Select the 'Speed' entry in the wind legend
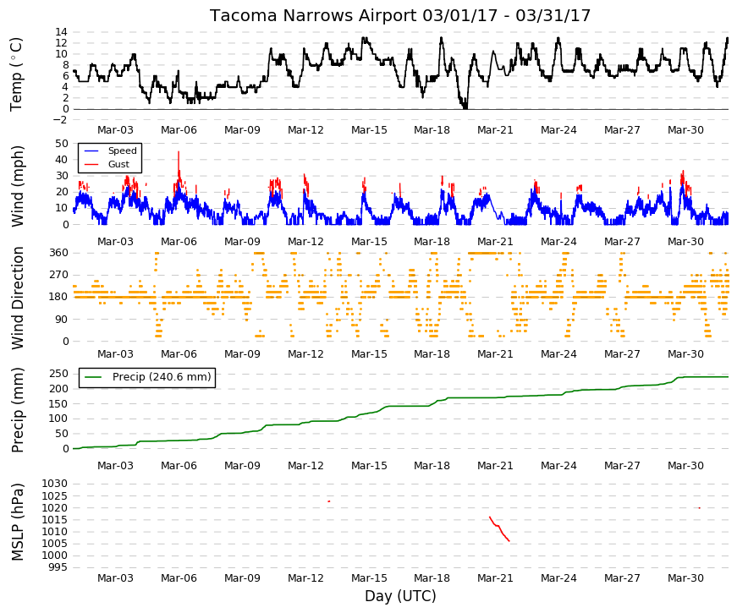122,151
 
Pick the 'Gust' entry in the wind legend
118,164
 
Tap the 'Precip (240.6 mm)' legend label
162,377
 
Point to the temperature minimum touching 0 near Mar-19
465,107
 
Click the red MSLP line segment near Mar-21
499,528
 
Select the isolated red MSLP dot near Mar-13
329,501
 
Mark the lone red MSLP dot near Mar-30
700,508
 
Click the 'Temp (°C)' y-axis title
16,74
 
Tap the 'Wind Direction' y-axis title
17,298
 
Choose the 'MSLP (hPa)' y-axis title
17,522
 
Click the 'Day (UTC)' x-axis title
400,596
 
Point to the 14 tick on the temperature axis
62,32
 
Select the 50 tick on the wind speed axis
62,143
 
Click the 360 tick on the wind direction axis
58,253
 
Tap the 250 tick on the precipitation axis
58,374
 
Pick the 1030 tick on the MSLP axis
55,484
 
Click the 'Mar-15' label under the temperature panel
369,130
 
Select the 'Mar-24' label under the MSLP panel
558,578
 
